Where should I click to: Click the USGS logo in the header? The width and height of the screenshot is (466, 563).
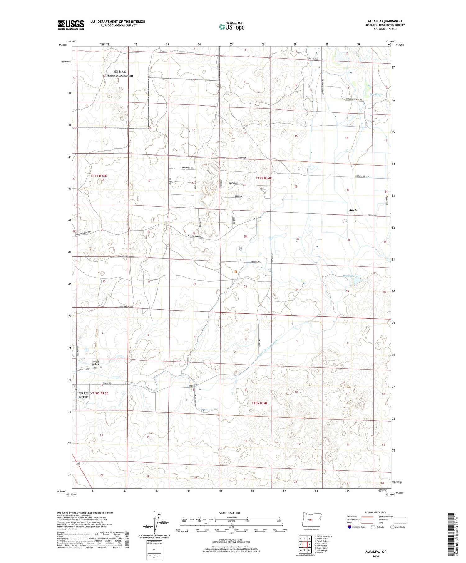[x=71, y=25]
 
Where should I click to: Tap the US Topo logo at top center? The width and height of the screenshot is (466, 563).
[x=231, y=26]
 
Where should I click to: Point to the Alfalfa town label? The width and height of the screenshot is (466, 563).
[x=352, y=210]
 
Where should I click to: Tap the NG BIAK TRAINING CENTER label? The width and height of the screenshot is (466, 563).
[x=120, y=74]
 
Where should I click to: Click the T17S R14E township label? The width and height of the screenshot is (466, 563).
[x=264, y=178]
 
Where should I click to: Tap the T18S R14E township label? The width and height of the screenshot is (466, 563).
[x=259, y=403]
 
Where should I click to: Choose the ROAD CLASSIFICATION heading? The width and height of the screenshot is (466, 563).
[x=376, y=512]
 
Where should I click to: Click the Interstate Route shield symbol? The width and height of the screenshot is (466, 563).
[x=349, y=527]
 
